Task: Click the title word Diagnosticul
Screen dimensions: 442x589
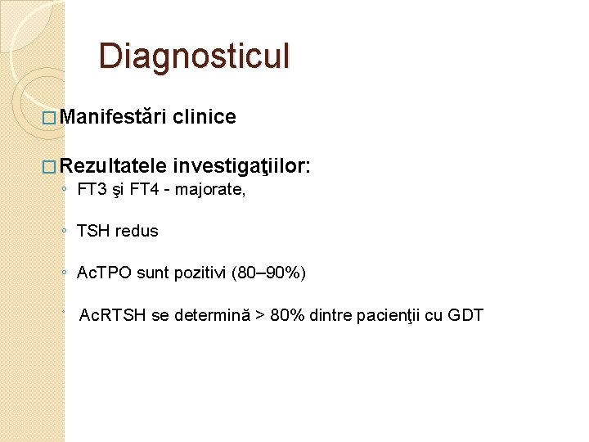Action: [x=194, y=56]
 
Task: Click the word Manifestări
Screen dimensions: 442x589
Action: [x=113, y=117]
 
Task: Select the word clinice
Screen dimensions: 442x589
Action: [x=205, y=117]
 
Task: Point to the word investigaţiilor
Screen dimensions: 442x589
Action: [x=241, y=167]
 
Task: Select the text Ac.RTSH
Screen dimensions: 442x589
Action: [x=111, y=315]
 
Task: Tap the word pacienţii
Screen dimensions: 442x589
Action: [x=391, y=315]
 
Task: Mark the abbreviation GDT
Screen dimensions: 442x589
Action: [x=466, y=315]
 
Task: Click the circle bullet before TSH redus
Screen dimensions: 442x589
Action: [x=64, y=232]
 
